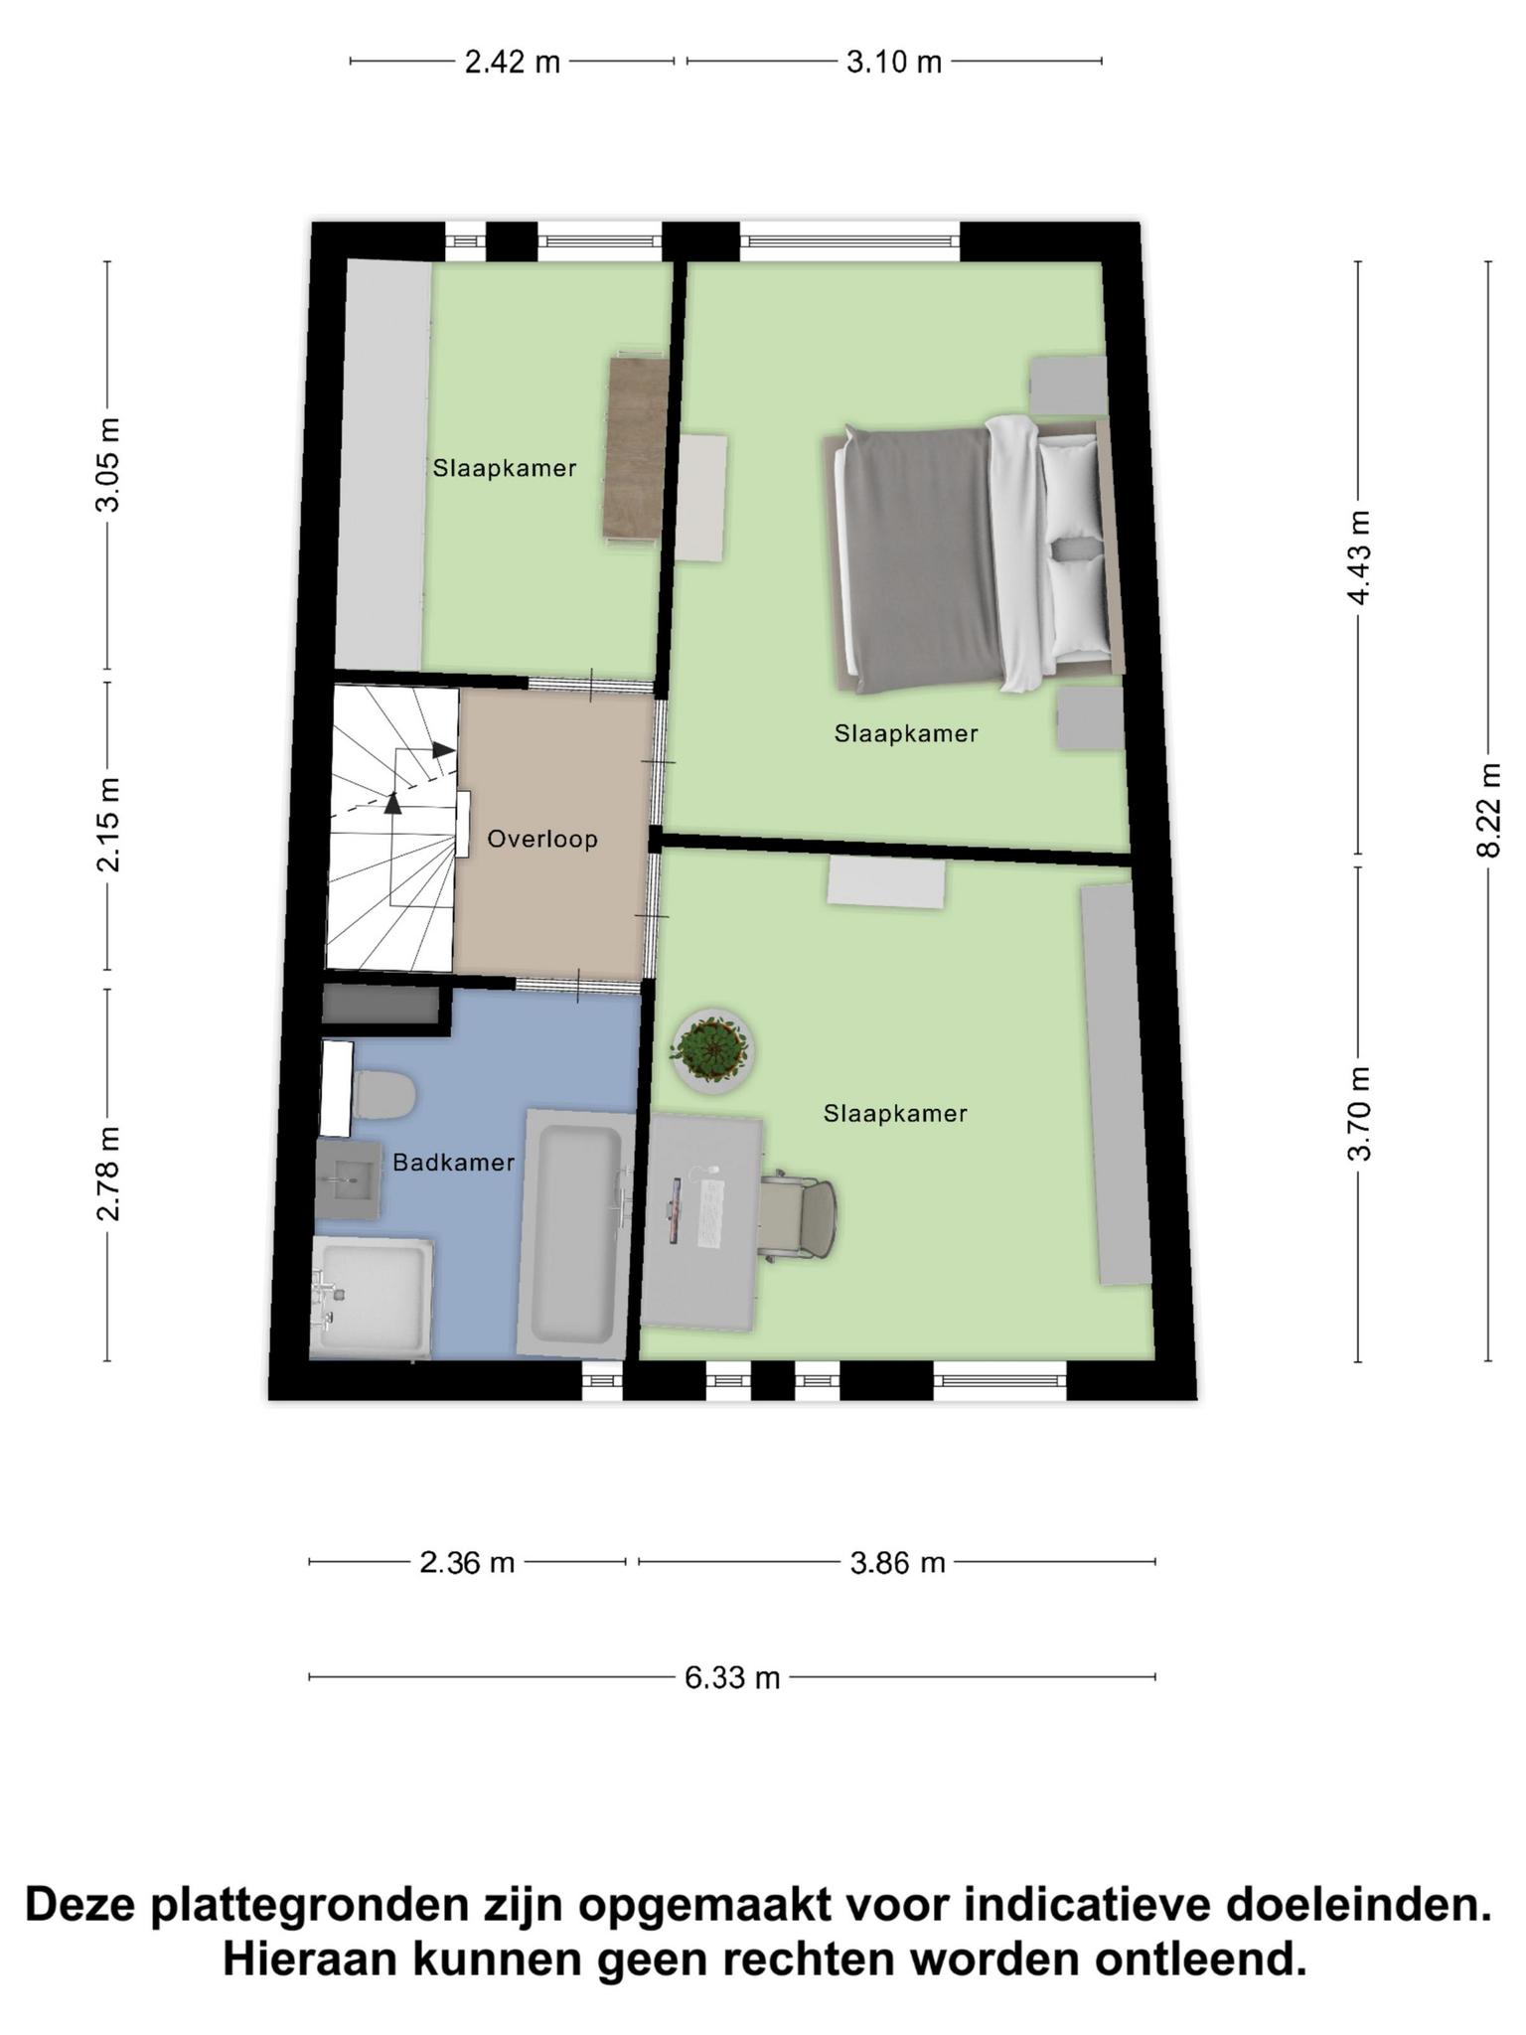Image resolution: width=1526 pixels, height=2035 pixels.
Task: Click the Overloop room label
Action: point(542,839)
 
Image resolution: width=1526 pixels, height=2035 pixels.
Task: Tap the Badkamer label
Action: point(454,1162)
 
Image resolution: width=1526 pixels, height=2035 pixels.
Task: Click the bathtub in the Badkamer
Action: point(575,1234)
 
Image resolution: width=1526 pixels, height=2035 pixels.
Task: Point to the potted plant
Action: point(711,1050)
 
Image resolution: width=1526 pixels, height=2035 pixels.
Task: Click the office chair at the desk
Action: point(799,1216)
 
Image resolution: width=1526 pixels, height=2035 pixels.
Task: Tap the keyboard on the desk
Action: point(710,1211)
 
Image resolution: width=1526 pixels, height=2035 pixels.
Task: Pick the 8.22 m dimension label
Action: point(1488,810)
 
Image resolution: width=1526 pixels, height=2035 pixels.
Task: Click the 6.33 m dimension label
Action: point(732,1677)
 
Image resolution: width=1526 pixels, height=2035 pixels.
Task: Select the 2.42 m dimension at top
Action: point(513,63)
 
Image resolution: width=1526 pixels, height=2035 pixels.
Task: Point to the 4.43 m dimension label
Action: point(1359,556)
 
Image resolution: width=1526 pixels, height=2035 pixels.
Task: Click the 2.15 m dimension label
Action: point(108,825)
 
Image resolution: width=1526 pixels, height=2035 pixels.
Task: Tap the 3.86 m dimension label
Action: point(897,1563)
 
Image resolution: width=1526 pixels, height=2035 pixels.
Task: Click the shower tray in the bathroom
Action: point(372,1297)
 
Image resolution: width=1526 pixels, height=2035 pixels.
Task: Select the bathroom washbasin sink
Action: point(348,1180)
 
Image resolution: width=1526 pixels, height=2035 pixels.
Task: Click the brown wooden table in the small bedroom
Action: point(636,447)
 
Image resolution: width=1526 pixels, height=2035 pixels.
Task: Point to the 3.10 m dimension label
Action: point(894,63)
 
